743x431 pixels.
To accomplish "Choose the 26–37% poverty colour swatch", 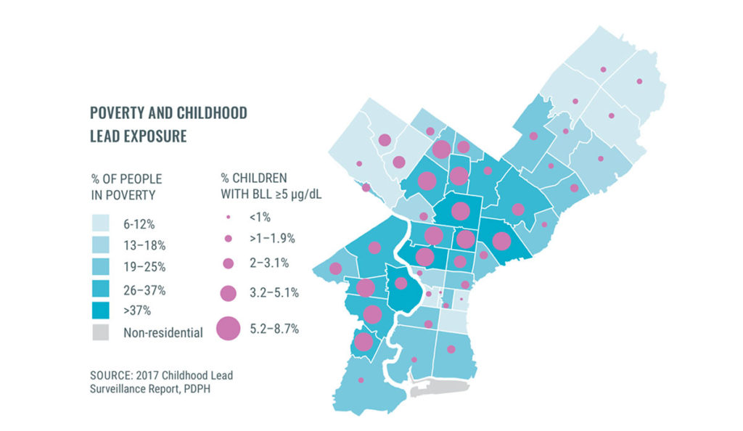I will pyautogui.click(x=101, y=290).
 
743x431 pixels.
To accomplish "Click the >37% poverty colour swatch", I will pyautogui.click(x=101, y=312).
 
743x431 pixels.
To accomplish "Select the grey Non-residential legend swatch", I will pyautogui.click(x=101, y=334).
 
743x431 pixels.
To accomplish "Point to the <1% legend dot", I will pyautogui.click(x=228, y=215).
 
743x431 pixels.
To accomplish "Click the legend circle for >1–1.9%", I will pyautogui.click(x=228, y=238).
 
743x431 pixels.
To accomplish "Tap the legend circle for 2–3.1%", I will pyautogui.click(x=228, y=263).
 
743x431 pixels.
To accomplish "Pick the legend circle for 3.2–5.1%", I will pyautogui.click(x=228, y=293).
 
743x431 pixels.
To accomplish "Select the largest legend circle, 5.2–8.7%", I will pyautogui.click(x=228, y=329).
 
